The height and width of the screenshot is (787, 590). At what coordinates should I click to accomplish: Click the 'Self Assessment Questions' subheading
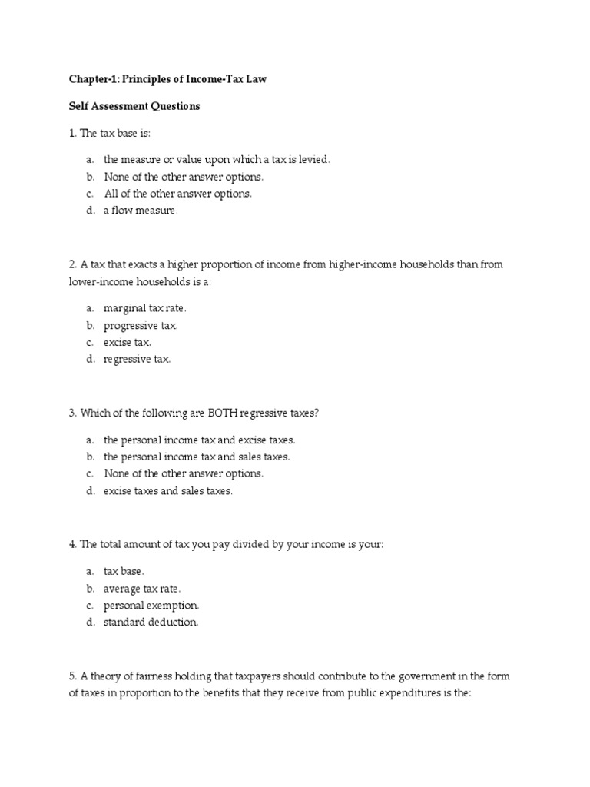click(134, 107)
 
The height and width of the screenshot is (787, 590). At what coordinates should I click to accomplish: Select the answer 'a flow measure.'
click(141, 211)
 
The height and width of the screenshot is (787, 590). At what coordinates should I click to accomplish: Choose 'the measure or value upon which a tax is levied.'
click(217, 160)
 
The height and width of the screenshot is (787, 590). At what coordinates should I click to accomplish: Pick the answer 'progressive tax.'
click(141, 325)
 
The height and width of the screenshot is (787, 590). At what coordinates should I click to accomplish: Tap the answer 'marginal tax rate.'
click(145, 308)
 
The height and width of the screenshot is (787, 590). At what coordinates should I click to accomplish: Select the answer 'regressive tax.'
click(138, 359)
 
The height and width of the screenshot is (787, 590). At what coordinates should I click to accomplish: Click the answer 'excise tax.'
click(128, 342)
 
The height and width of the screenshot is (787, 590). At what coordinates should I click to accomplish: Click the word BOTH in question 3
click(223, 413)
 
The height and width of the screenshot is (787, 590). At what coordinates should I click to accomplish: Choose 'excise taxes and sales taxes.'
click(167, 490)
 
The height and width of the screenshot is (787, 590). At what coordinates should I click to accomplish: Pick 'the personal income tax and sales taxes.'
click(197, 457)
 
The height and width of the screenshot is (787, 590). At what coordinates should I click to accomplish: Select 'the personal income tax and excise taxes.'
click(200, 440)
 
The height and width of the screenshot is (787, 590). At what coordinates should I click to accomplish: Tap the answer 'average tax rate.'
click(143, 588)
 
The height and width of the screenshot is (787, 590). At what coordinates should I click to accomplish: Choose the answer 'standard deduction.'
click(151, 622)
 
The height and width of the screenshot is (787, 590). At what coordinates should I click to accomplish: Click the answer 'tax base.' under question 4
click(124, 571)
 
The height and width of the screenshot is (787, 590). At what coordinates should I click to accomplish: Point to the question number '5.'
click(73, 676)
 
